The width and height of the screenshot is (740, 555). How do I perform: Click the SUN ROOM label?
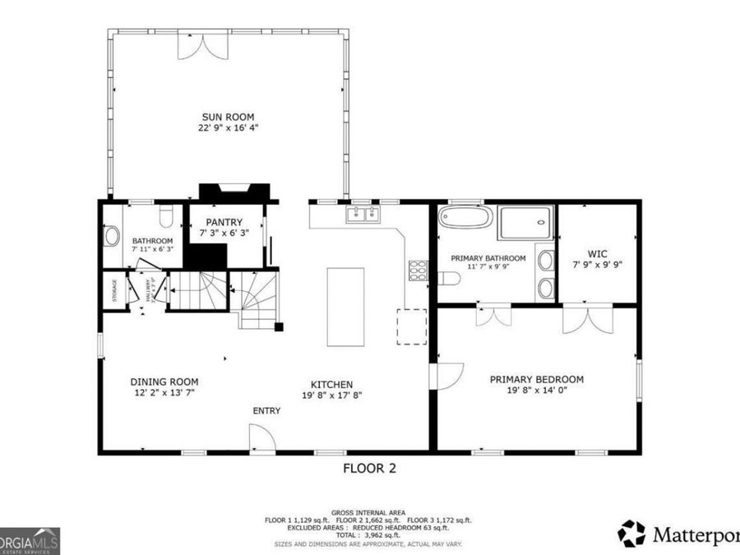point(229,117)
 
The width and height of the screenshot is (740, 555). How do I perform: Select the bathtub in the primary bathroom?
point(465,217)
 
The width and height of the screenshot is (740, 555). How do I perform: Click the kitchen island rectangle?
point(346,307)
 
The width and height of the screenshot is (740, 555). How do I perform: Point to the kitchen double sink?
point(363,215)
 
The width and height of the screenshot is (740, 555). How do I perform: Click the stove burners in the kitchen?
point(418,268)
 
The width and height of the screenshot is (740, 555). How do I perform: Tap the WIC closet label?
point(597,254)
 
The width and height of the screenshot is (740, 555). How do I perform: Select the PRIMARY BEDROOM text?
point(536,379)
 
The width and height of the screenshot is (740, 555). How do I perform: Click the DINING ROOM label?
point(164,382)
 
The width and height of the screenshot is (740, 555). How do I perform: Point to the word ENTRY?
point(266,411)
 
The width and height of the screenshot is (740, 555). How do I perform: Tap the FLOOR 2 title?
point(369,469)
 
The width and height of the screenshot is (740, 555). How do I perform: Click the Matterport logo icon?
point(631,533)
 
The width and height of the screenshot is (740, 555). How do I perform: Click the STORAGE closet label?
point(114,290)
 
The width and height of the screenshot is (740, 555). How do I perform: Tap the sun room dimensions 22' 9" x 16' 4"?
point(229,128)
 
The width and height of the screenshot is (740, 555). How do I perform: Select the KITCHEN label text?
point(331,384)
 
